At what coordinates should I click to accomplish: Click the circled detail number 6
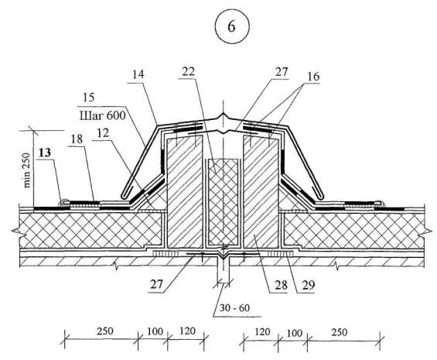click(x=231, y=27)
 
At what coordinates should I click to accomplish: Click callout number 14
click(x=138, y=74)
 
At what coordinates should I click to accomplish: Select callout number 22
click(x=189, y=72)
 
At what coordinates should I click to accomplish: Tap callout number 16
click(x=313, y=77)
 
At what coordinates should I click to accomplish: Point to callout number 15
click(x=89, y=98)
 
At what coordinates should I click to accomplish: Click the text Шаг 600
click(x=102, y=115)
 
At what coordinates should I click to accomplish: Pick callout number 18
click(x=77, y=139)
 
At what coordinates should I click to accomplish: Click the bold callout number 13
click(x=45, y=153)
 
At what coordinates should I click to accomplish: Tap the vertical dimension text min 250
click(x=27, y=170)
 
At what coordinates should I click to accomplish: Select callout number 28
click(x=281, y=285)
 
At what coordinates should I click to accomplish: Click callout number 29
click(x=309, y=285)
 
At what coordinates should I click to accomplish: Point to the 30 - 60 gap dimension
click(x=234, y=308)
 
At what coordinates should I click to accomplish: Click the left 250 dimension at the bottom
click(x=105, y=331)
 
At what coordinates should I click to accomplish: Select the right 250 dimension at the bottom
click(x=340, y=332)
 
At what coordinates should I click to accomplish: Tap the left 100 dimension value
click(x=155, y=331)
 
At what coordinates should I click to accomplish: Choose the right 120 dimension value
click(x=262, y=332)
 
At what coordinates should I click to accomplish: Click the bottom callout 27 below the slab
click(x=157, y=285)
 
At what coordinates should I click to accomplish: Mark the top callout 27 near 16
click(x=282, y=72)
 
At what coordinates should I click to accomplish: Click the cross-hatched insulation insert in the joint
click(x=223, y=202)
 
